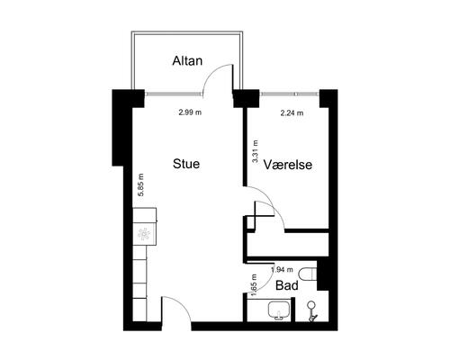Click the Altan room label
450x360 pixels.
187,61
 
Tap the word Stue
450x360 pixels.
186,164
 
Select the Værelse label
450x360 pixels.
288,165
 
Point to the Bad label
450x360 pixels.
287,285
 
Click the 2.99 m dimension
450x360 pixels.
190,112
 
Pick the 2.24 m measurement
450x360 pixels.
292,113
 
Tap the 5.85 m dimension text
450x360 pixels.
140,184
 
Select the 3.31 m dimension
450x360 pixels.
256,151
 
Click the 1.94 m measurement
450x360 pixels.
282,270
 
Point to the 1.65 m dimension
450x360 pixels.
254,285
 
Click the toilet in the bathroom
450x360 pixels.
308,274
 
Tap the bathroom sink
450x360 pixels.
279,310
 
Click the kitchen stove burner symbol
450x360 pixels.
144,234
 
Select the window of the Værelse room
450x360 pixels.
290,94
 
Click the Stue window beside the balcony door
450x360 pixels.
174,94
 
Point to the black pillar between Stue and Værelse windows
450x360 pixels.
246,98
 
